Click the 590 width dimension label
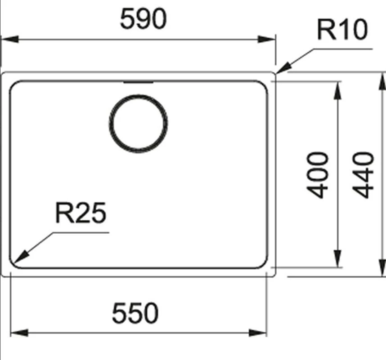(143, 19)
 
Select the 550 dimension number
(135, 313)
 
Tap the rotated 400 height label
(317, 175)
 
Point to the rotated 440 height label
(364, 175)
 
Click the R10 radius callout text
(342, 30)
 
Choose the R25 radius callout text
(81, 213)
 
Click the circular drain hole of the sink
(139, 124)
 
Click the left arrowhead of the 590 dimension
(10, 39)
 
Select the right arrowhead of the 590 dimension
(266, 39)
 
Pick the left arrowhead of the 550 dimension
(19, 333)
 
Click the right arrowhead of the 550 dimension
(258, 333)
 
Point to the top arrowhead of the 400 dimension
(338, 90)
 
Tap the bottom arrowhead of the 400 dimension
(338, 258)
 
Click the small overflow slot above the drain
(139, 82)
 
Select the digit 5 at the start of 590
(127, 19)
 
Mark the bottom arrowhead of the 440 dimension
(382, 267)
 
